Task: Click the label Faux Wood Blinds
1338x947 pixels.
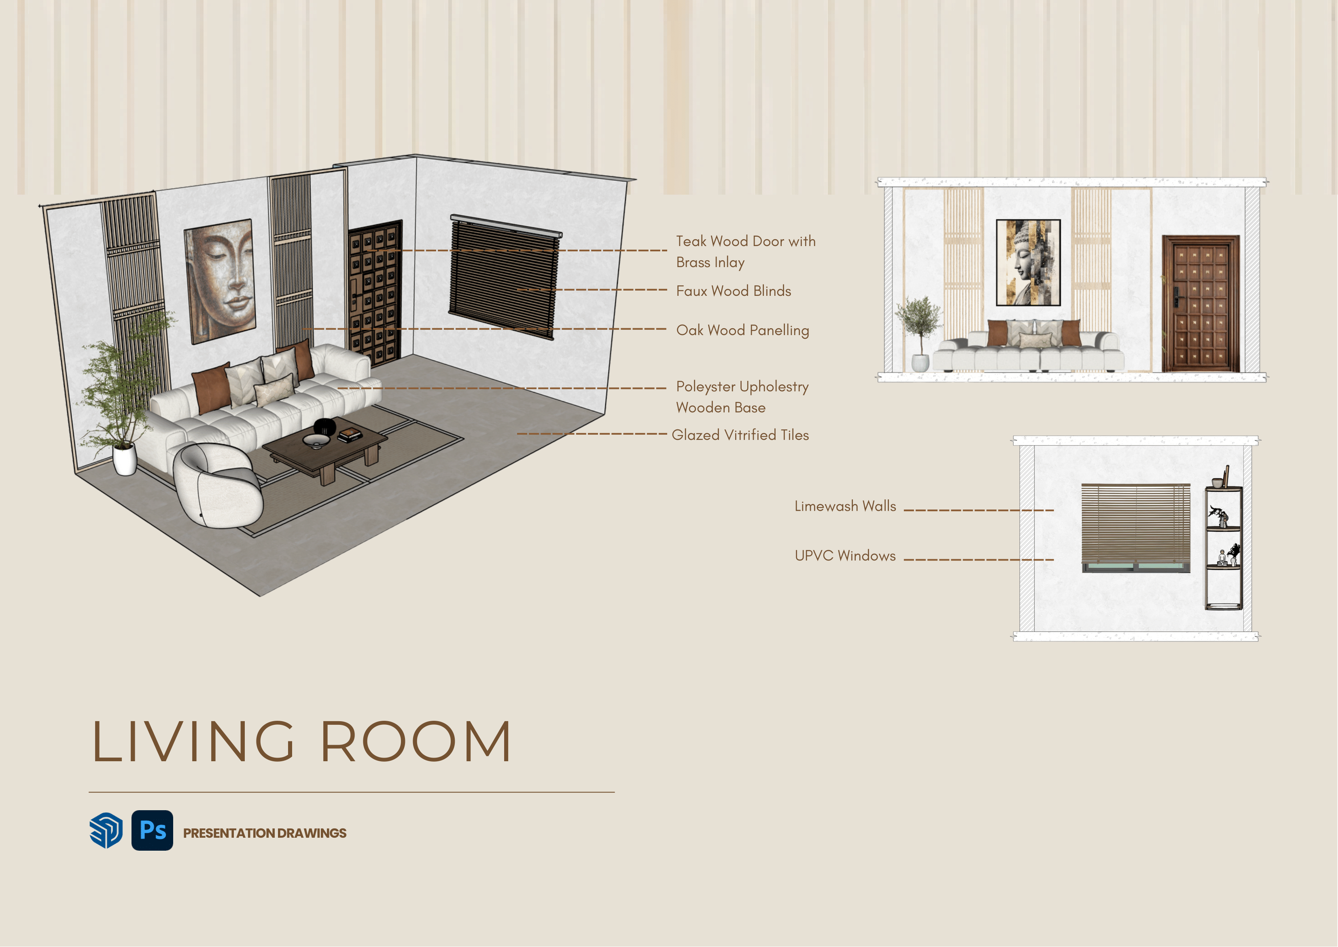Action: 734,291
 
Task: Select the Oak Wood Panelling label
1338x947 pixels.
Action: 742,330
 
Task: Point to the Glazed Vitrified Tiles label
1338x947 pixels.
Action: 740,435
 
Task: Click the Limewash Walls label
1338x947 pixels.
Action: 845,506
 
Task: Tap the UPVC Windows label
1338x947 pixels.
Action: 845,556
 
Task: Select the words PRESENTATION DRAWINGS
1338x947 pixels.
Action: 265,833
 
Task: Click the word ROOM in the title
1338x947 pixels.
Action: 416,742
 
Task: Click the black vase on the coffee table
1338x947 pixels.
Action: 325,426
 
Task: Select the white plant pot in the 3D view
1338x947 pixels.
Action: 124,459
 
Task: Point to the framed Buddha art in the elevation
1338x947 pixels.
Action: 1028,262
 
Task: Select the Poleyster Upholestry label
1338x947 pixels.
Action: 742,386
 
